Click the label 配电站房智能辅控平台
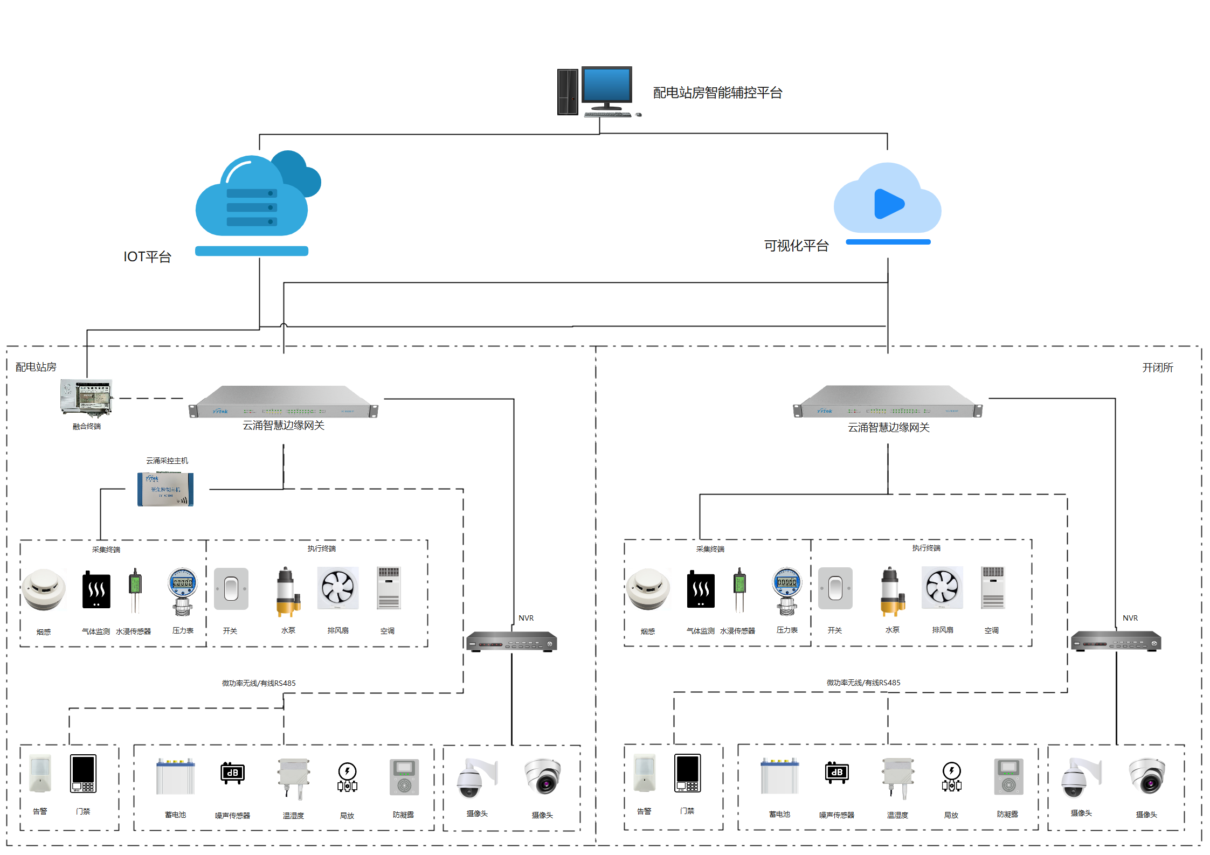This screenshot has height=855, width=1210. pyautogui.click(x=717, y=93)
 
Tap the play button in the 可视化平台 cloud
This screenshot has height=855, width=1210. pyautogui.click(x=888, y=204)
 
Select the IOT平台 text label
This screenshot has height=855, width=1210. pyautogui.click(x=147, y=257)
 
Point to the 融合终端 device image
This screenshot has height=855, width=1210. pyautogui.click(x=86, y=398)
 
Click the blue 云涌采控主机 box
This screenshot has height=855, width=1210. pyautogui.click(x=165, y=489)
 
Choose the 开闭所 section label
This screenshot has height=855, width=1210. pyautogui.click(x=1157, y=367)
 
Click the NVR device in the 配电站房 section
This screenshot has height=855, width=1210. pyautogui.click(x=511, y=641)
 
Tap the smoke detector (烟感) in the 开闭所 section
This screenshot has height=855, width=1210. pyautogui.click(x=648, y=589)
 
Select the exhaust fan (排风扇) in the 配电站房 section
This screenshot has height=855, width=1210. pyautogui.click(x=338, y=588)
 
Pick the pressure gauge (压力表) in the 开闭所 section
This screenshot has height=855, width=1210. pyautogui.click(x=787, y=590)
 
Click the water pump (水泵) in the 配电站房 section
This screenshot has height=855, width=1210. pyautogui.click(x=288, y=591)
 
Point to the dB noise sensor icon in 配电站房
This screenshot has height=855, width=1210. pyautogui.click(x=233, y=773)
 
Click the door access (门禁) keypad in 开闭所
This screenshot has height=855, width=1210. pyautogui.click(x=688, y=773)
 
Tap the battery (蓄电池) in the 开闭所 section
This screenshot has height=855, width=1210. pyautogui.click(x=779, y=776)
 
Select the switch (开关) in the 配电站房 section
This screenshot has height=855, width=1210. pyautogui.click(x=231, y=589)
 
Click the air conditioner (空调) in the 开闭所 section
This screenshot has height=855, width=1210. pyautogui.click(x=993, y=588)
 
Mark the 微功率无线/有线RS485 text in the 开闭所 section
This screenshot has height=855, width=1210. pyautogui.click(x=863, y=683)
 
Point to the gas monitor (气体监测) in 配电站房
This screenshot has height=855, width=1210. pyautogui.click(x=96, y=590)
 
